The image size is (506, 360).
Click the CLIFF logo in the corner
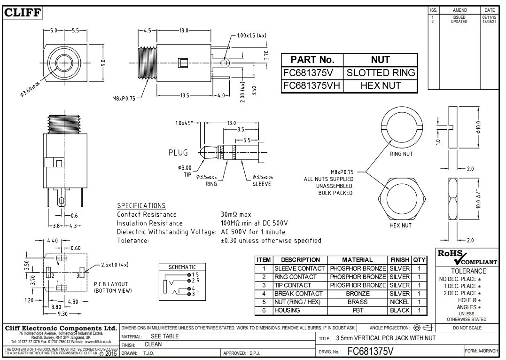23,13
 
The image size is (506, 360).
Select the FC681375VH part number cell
312,86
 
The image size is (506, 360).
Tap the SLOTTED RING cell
381,73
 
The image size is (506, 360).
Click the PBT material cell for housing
358,311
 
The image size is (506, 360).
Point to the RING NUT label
401,154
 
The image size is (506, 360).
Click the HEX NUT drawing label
401,226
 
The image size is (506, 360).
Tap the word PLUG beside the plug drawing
178,153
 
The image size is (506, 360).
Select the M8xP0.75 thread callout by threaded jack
123,98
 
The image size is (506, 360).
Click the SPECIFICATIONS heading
141,205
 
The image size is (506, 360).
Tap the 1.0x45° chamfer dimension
184,123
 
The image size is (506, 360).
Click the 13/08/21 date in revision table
488,22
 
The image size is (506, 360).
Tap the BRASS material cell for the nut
358,302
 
